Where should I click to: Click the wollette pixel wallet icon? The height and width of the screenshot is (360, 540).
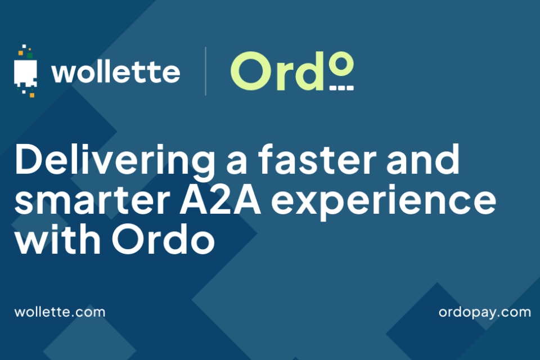[25, 71]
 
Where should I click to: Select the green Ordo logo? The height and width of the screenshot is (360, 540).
[292, 71]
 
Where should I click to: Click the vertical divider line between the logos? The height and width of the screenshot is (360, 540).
[206, 71]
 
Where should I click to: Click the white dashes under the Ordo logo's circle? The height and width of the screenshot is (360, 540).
[341, 88]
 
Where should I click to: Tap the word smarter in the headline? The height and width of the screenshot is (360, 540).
[92, 201]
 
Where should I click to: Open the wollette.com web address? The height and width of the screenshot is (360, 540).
[60, 312]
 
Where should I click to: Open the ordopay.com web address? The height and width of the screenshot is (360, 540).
[484, 313]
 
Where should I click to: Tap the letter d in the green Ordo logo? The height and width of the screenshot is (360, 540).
[308, 71]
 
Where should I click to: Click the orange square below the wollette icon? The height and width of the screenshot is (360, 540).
[32, 95]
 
